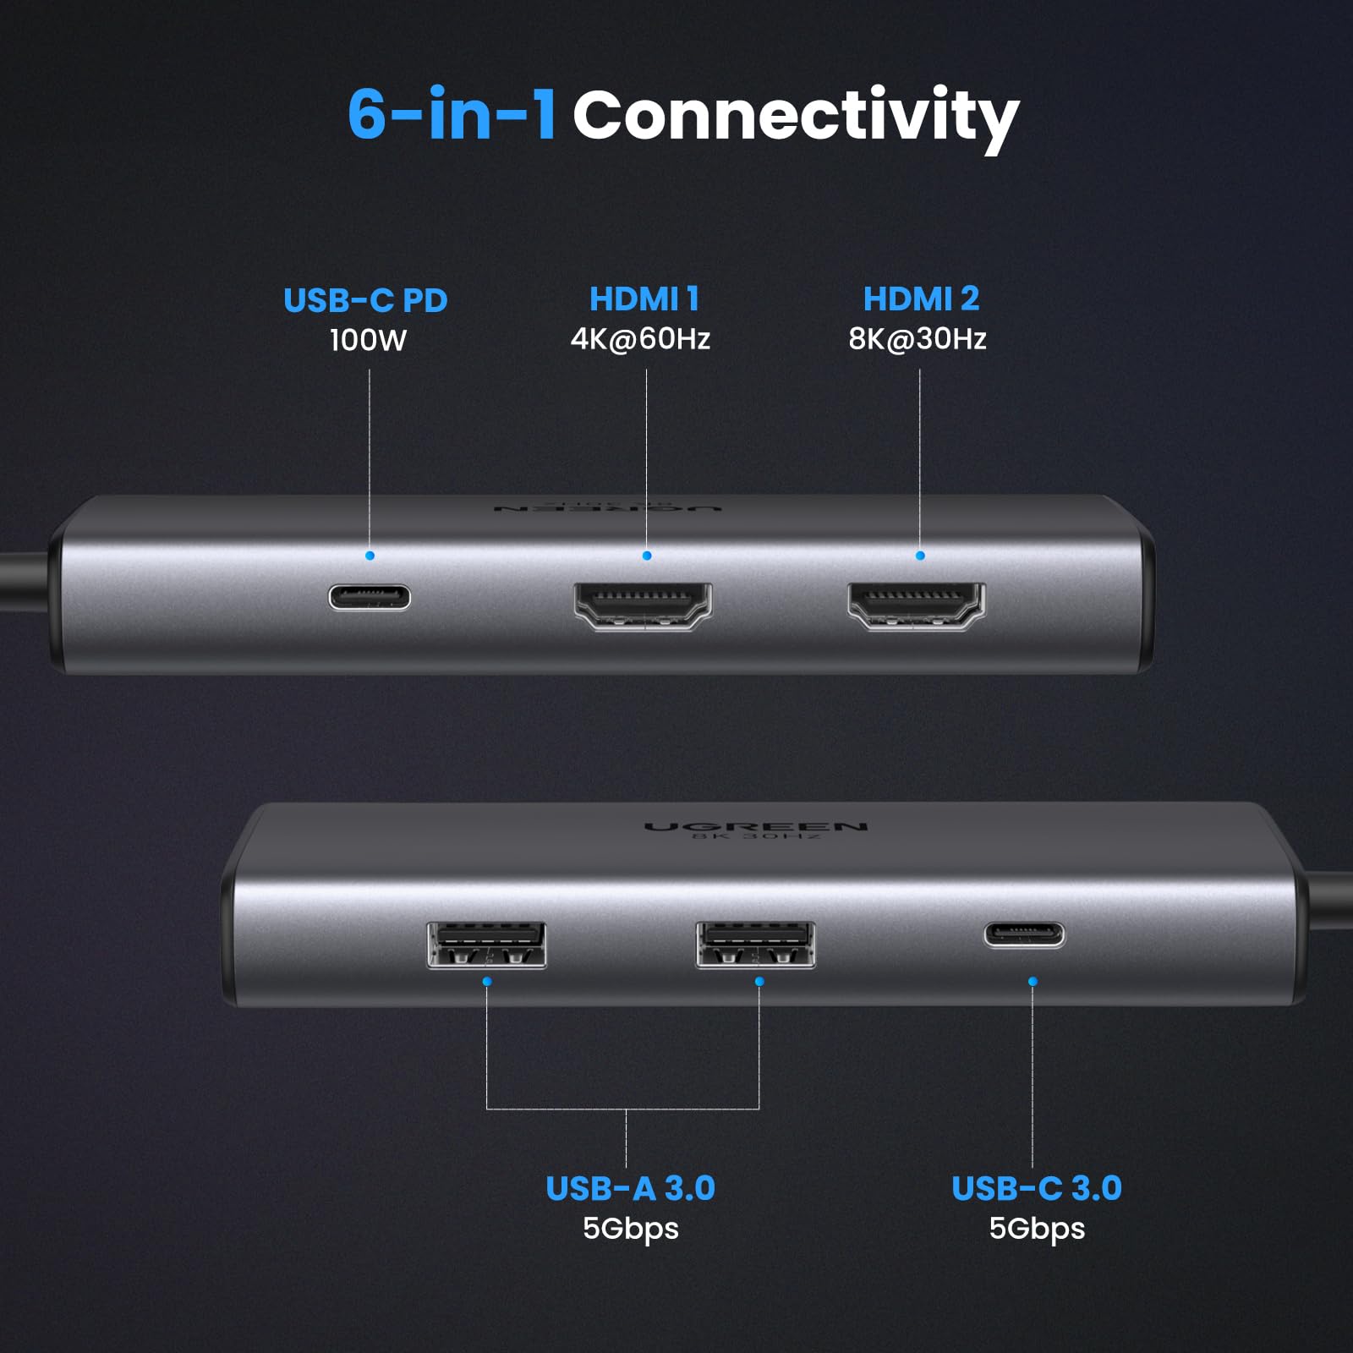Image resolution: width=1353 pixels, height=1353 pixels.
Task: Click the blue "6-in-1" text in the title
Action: (x=452, y=114)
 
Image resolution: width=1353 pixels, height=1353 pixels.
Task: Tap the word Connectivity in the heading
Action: (x=795, y=117)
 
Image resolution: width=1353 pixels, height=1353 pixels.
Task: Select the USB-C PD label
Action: (x=365, y=300)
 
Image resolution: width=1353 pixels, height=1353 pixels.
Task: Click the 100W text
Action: (x=368, y=340)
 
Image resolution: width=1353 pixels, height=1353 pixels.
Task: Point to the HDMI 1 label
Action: (x=644, y=299)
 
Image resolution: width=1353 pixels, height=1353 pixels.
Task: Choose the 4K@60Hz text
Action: (x=640, y=338)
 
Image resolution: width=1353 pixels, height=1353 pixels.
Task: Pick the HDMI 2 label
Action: (x=921, y=299)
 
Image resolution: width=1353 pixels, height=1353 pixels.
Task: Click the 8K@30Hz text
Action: (x=918, y=338)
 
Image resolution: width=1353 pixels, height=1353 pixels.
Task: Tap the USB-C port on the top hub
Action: (x=370, y=597)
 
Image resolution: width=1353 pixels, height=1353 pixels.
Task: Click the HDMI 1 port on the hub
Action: (x=643, y=605)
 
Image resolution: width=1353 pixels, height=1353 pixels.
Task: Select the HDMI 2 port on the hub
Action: (x=917, y=605)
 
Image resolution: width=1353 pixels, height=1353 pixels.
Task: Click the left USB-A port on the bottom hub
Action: (x=486, y=945)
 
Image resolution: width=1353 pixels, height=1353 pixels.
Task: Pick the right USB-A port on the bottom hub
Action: (x=755, y=945)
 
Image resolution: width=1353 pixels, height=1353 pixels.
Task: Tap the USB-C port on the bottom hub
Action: (x=1023, y=934)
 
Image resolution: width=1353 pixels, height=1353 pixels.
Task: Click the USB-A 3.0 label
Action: (x=630, y=1188)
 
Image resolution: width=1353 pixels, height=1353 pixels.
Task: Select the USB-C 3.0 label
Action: (x=1036, y=1188)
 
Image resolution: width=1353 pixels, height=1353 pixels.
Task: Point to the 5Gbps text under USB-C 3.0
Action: (x=1037, y=1228)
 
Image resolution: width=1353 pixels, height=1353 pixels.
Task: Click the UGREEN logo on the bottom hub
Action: (x=755, y=826)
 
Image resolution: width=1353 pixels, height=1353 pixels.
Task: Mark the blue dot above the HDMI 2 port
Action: (x=920, y=556)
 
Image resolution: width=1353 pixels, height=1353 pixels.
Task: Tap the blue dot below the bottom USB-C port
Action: (x=1033, y=981)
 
